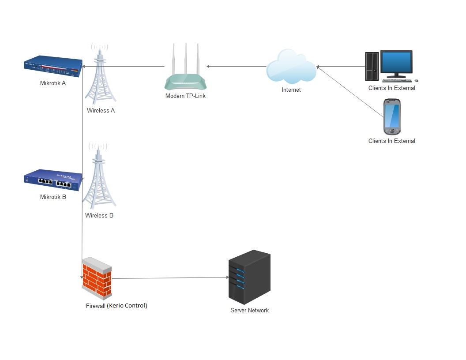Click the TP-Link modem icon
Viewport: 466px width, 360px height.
185,81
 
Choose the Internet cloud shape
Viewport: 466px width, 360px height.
291,67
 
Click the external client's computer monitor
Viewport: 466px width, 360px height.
396,62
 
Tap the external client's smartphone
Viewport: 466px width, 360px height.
392,117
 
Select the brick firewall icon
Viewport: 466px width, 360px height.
96,278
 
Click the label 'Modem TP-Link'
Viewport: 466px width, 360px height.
185,96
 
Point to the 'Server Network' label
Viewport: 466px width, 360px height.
249,311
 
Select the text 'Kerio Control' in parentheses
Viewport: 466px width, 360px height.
127,305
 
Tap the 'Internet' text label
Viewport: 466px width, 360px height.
291,90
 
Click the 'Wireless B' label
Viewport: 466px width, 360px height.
99,216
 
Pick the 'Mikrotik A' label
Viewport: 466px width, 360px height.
53,83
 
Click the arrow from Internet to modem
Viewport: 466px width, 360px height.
236,67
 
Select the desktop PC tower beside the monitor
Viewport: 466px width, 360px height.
372,66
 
